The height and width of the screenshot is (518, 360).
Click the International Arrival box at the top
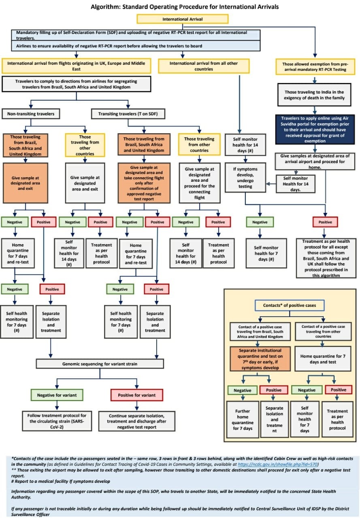tap(183, 19)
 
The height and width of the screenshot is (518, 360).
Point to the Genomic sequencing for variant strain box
tap(100, 364)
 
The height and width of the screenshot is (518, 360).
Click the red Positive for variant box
tap(136, 395)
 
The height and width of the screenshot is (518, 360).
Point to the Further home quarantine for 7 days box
tap(243, 419)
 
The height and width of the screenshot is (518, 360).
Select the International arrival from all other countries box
tap(203, 66)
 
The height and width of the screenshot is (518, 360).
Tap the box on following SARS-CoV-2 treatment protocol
tap(57, 418)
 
